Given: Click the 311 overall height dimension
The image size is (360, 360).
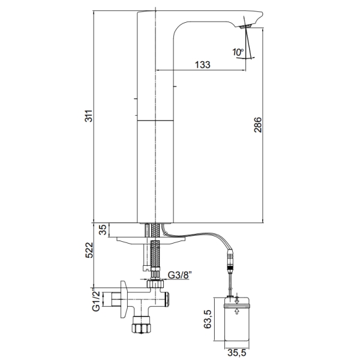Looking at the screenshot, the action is point(89,116).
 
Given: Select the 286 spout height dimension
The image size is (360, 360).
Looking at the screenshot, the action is point(258,125).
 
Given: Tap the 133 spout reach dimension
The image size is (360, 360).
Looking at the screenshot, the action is point(203,65).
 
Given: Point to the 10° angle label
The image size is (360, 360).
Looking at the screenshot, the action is point(238,52).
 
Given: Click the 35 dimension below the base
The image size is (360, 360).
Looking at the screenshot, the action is point(103,230).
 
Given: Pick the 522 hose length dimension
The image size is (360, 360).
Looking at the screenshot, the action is point(89,250).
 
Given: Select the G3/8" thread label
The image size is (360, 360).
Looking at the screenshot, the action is point(180,275).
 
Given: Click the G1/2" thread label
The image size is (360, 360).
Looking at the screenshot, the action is point(96,301).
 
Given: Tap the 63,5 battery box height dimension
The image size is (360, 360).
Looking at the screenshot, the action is point(208,319).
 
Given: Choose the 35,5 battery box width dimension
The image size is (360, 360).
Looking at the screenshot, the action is point(237,352).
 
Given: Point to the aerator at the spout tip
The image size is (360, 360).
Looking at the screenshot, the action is point(245,26).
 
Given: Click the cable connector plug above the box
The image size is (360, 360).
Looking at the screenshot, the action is point(231,261).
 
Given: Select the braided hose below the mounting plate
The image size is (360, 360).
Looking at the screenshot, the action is point(155,254).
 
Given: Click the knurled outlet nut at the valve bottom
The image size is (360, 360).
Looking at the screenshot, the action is point(141,325).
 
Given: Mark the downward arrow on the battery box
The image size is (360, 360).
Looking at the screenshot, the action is point(237,300).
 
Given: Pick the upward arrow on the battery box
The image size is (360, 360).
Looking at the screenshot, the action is point(237,311).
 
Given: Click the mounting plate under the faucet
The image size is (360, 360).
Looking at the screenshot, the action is point(151,239).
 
